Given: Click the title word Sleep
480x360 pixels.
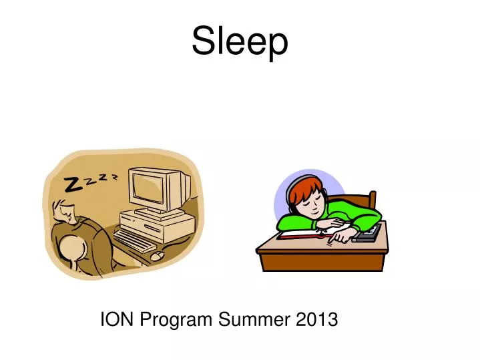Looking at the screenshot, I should [240, 41].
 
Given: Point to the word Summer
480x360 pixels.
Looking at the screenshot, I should [254, 320].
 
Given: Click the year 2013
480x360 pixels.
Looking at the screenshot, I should [316, 320].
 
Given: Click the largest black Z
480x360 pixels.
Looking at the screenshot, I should [73, 185].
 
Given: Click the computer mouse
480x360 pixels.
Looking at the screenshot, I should [158, 255].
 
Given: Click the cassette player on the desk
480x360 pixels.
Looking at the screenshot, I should [369, 232].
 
